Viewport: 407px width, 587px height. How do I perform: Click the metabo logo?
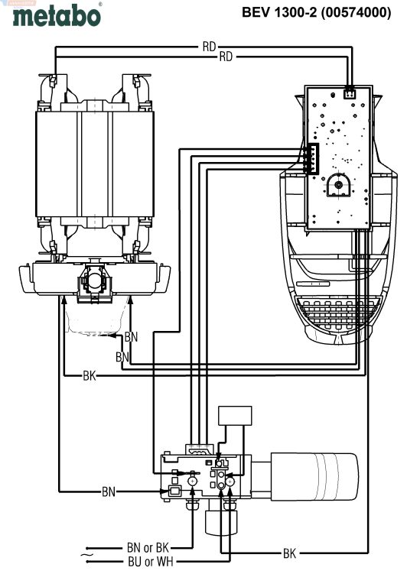57,15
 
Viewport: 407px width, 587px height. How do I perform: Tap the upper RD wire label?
209,47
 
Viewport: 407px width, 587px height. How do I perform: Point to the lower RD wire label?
226,57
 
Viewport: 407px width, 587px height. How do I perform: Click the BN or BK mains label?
148,548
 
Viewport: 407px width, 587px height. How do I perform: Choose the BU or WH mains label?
150,562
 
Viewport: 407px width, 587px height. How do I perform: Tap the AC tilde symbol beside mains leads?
86,554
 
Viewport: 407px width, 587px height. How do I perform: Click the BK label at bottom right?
289,553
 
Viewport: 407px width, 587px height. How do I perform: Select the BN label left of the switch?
109,491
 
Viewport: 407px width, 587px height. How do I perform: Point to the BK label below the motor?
90,375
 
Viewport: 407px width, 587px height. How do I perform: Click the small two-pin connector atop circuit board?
350,93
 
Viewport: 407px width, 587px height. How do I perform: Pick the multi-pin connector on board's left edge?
313,158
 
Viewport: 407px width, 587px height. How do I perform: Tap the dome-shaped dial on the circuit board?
339,184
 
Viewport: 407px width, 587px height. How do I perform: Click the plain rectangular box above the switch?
235,416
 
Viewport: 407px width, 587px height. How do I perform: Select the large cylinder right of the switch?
314,477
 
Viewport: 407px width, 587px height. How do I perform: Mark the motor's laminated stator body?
95,164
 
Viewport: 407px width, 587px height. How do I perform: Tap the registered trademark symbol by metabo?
99,4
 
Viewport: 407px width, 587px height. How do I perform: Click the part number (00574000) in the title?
356,12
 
